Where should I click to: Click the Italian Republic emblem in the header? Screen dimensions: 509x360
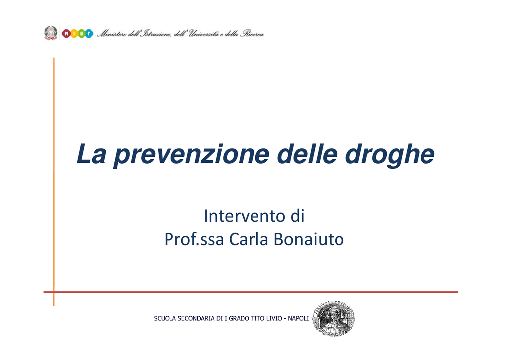(x=51, y=33)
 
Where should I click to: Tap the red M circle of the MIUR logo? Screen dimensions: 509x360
(x=66, y=33)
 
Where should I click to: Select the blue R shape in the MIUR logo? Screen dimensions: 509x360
(x=89, y=33)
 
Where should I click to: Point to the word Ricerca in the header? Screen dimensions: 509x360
(x=252, y=34)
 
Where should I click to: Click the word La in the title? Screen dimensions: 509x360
(x=91, y=154)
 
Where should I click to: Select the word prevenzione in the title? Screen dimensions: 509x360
(x=191, y=156)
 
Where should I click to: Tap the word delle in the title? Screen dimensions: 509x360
(x=307, y=154)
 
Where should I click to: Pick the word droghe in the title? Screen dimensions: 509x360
(x=390, y=155)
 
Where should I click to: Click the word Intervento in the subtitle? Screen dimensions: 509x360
(x=243, y=216)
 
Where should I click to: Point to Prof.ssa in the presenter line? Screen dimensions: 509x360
(x=194, y=239)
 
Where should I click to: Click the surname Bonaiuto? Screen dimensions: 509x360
(x=309, y=239)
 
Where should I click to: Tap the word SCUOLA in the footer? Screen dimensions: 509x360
(x=165, y=318)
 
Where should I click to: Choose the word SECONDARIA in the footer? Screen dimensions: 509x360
(x=196, y=318)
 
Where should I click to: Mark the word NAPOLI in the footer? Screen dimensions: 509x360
(x=298, y=318)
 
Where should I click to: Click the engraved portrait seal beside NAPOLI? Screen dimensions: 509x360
(x=334, y=318)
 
